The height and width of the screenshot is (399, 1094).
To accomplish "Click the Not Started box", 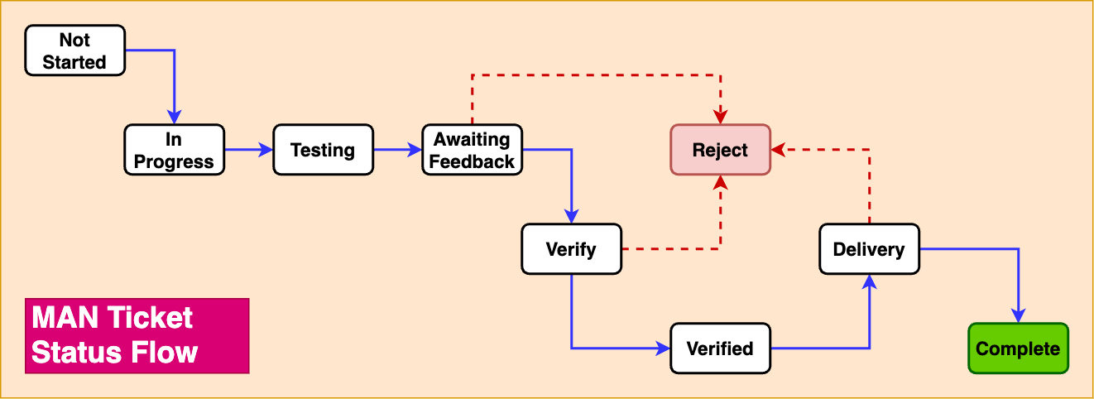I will coord(74,50).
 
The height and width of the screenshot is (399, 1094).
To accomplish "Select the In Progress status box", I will coord(174,150).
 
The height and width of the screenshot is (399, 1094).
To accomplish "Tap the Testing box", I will coord(323,150).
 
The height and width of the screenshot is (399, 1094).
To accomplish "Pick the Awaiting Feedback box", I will coord(472,150).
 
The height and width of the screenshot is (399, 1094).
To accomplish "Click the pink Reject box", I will coord(720,150).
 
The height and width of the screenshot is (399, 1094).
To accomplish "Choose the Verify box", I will coord(571,249).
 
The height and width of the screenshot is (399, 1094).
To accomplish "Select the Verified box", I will coord(720,349).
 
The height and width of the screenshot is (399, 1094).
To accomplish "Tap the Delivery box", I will coord(869,249).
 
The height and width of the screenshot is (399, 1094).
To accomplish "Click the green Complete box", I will coord(1018,349).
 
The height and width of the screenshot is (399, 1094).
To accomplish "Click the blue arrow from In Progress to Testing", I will coord(248,150).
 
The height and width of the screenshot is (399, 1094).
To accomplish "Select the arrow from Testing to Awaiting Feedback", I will coord(397,150).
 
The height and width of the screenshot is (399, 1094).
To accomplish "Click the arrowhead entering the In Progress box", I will coord(174,118).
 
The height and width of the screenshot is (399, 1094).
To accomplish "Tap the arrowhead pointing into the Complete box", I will coord(1018,316).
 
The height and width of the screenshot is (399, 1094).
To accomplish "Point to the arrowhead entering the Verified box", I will coord(662,349).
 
